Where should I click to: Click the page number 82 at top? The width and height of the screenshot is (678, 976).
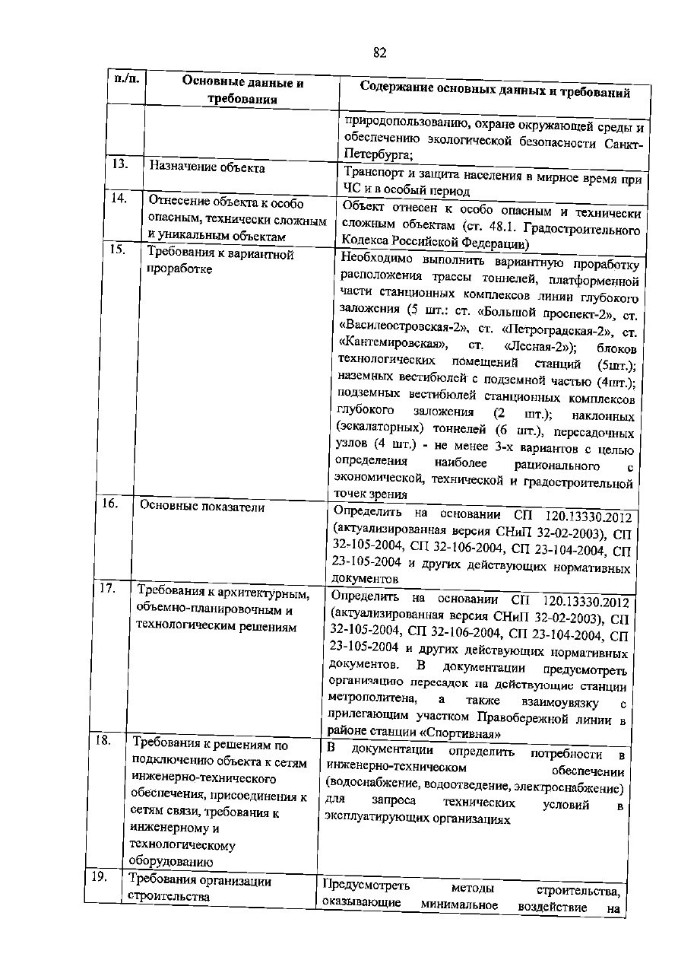pyautogui.click(x=381, y=52)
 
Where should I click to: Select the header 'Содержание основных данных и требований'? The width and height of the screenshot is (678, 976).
pyautogui.click(x=495, y=91)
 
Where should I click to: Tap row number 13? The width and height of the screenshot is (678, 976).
pyautogui.click(x=118, y=163)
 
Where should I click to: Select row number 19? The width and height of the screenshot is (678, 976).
pyautogui.click(x=98, y=878)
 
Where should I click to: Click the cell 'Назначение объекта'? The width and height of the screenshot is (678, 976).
pyautogui.click(x=207, y=167)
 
